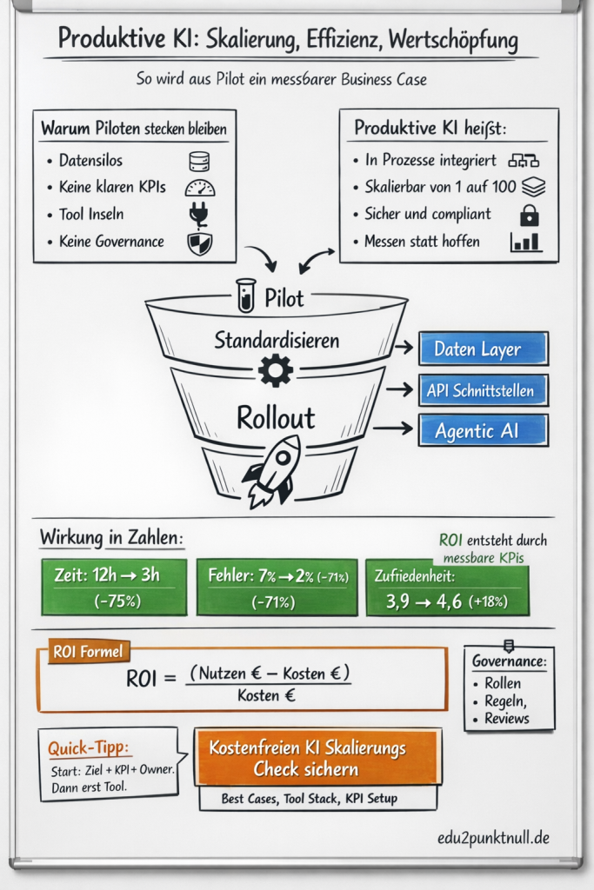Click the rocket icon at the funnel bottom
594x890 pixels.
coord(271,470)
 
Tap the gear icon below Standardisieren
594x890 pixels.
coord(276,371)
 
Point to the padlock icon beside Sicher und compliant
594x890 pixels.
coord(527,215)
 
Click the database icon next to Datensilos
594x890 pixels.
coord(199,162)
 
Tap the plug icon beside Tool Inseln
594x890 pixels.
coord(199,215)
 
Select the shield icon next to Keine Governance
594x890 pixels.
coord(199,242)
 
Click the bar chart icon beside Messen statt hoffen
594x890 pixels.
coord(526,242)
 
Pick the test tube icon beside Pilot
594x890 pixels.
coord(246,296)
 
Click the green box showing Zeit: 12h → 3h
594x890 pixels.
coord(114,587)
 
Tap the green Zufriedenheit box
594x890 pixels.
coord(447,587)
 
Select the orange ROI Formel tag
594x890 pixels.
coord(88,651)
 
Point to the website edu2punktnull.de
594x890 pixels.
coord(493,839)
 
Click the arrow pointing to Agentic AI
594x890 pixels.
coord(398,428)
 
